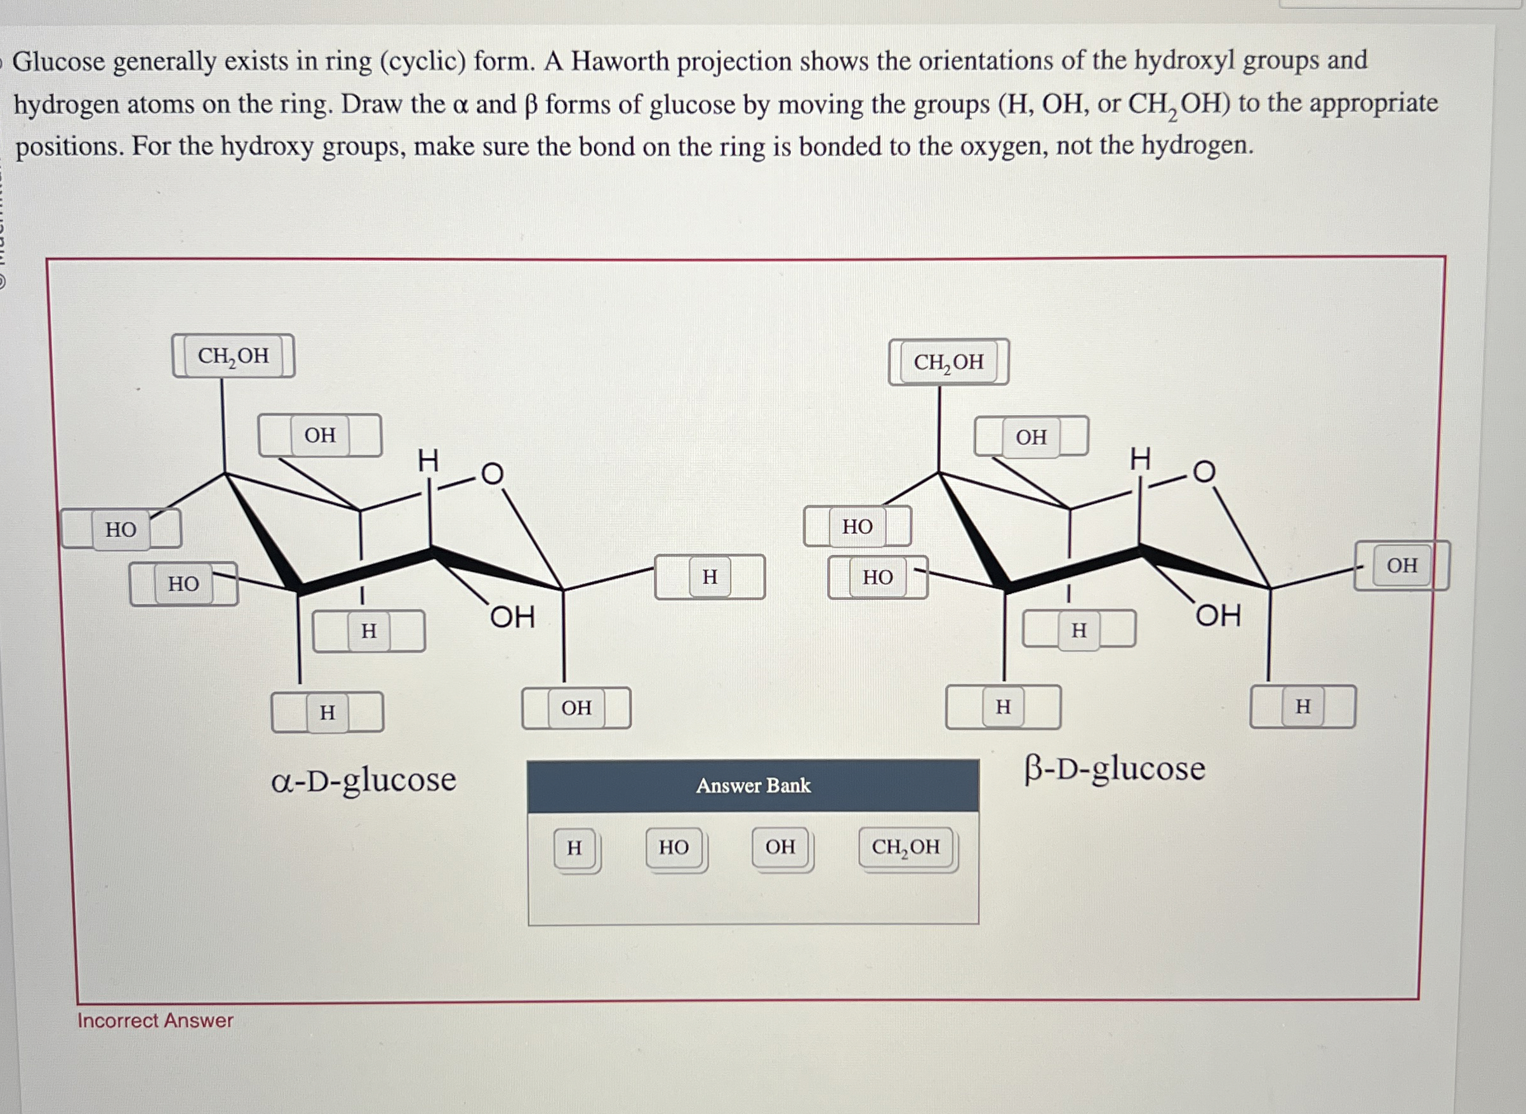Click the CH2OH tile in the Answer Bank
[906, 847]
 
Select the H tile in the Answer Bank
[574, 847]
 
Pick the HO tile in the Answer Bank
[673, 847]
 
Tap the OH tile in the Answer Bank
[780, 847]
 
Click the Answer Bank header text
[753, 786]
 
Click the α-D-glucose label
[364, 780]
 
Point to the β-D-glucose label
[1115, 769]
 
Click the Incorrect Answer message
[155, 1020]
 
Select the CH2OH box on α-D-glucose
[234, 355]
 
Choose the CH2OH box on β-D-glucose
[949, 362]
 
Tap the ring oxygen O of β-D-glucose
[1204, 472]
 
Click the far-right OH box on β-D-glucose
[1402, 565]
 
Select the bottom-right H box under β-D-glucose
[1303, 706]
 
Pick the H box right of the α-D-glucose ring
[710, 577]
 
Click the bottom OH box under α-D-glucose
[576, 708]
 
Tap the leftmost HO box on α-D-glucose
[121, 529]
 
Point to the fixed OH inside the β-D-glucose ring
[1218, 615]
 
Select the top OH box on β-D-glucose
[1031, 437]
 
